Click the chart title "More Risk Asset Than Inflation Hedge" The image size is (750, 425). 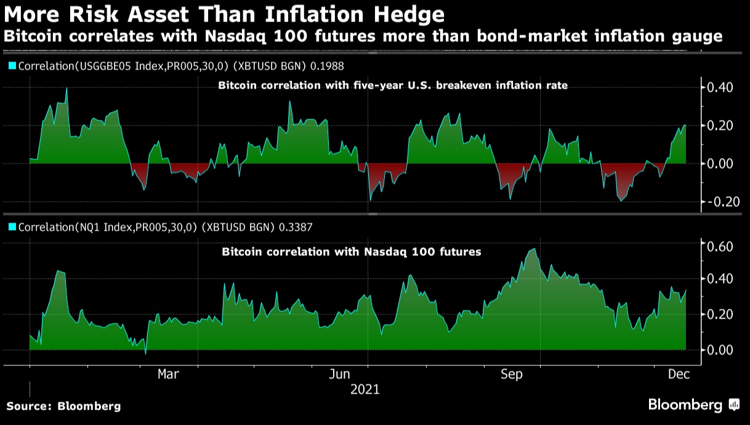[224, 14]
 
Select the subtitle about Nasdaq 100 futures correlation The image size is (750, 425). [363, 36]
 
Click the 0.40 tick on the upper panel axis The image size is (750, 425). [719, 87]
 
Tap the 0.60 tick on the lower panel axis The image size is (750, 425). [719, 246]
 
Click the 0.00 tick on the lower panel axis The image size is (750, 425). [719, 350]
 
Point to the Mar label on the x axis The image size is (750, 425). [169, 374]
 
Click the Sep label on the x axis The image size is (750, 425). [512, 374]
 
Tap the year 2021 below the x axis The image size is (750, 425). [365, 389]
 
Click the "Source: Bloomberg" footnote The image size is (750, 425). [64, 406]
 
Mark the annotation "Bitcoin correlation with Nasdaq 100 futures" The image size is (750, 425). [351, 252]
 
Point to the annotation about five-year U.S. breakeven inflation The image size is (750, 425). [393, 86]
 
